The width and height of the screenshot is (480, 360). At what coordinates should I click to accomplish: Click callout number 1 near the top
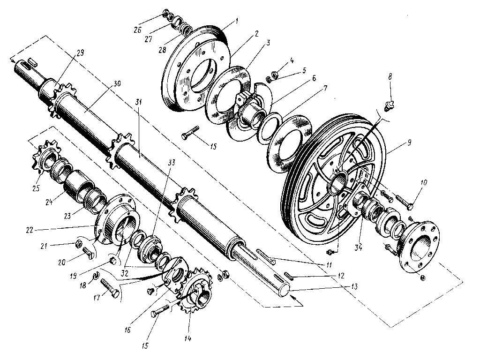click(237, 21)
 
